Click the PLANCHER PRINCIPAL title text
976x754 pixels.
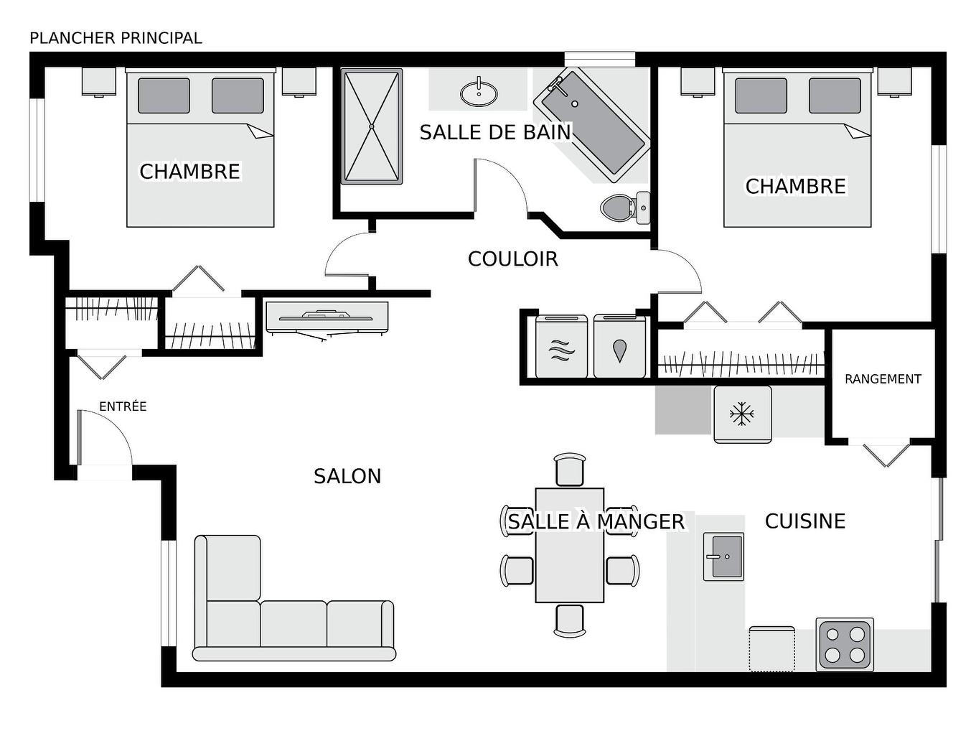(116, 38)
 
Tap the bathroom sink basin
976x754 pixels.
(478, 93)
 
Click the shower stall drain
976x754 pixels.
(372, 126)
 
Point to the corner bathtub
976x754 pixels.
(592, 126)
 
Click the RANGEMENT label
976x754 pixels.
(883, 379)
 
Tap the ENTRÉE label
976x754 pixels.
(123, 406)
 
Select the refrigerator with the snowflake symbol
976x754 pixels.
(742, 414)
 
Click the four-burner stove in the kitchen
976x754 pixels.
(845, 644)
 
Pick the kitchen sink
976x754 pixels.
(723, 557)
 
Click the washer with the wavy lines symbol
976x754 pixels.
(561, 348)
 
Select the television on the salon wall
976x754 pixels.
(327, 316)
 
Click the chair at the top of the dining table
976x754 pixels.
(570, 470)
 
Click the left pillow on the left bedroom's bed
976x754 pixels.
(164, 96)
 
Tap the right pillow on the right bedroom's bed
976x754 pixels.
(835, 96)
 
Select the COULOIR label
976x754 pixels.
(512, 259)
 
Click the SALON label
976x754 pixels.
(347, 476)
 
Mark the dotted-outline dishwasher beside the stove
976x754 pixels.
(771, 649)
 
